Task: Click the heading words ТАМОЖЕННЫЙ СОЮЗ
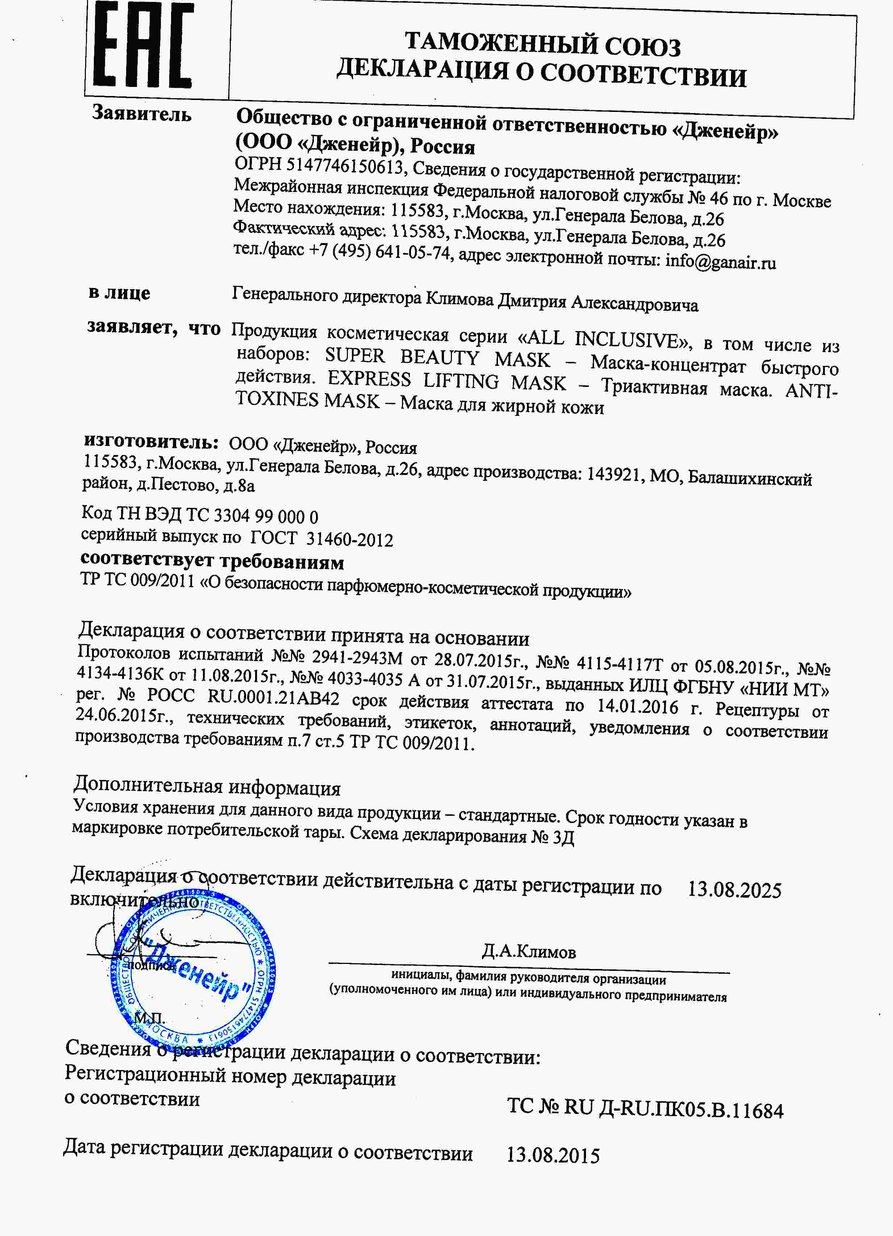pos(543,44)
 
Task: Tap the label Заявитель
pos(142,113)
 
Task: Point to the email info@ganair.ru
pos(720,262)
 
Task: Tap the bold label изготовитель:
pos(151,442)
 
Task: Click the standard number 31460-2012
pos(349,539)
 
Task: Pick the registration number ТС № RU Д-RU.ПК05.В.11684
pos(645,1108)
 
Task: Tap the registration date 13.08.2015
pos(553,1155)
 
